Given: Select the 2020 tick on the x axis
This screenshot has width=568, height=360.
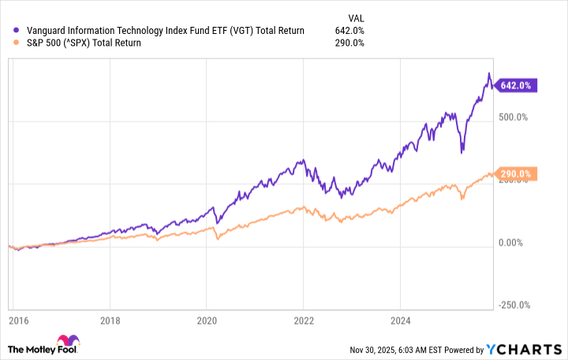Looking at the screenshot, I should click(x=206, y=322).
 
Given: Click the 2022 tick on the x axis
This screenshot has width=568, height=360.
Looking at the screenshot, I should click(x=303, y=322).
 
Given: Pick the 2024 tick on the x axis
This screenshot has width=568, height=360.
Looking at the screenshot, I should click(x=400, y=322).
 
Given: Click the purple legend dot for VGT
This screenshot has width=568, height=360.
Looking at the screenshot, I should click(x=17, y=31).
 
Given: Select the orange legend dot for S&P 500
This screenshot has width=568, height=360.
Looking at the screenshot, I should click(x=17, y=43).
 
